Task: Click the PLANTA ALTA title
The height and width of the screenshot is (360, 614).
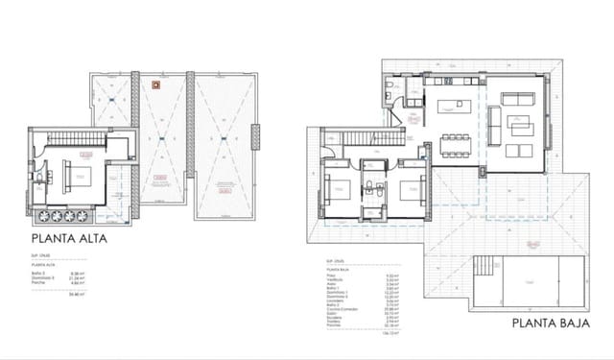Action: coord(71,236)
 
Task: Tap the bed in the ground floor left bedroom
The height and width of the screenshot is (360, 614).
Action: coord(340,187)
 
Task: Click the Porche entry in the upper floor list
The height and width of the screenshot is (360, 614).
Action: coord(41,282)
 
